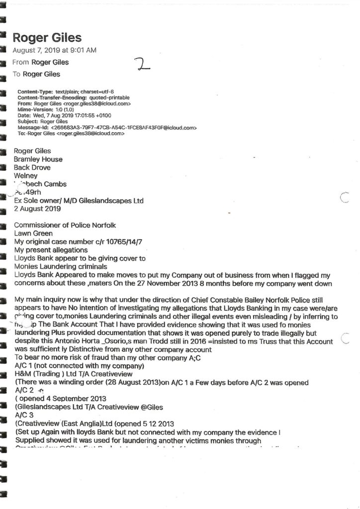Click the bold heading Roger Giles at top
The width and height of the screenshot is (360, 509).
47,38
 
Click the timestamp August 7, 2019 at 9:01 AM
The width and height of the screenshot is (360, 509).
54,50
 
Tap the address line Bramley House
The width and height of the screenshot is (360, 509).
38,160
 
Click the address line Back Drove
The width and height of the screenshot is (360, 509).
32,168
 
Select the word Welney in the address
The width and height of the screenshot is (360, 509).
26,176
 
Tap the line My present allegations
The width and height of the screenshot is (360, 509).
51,250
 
